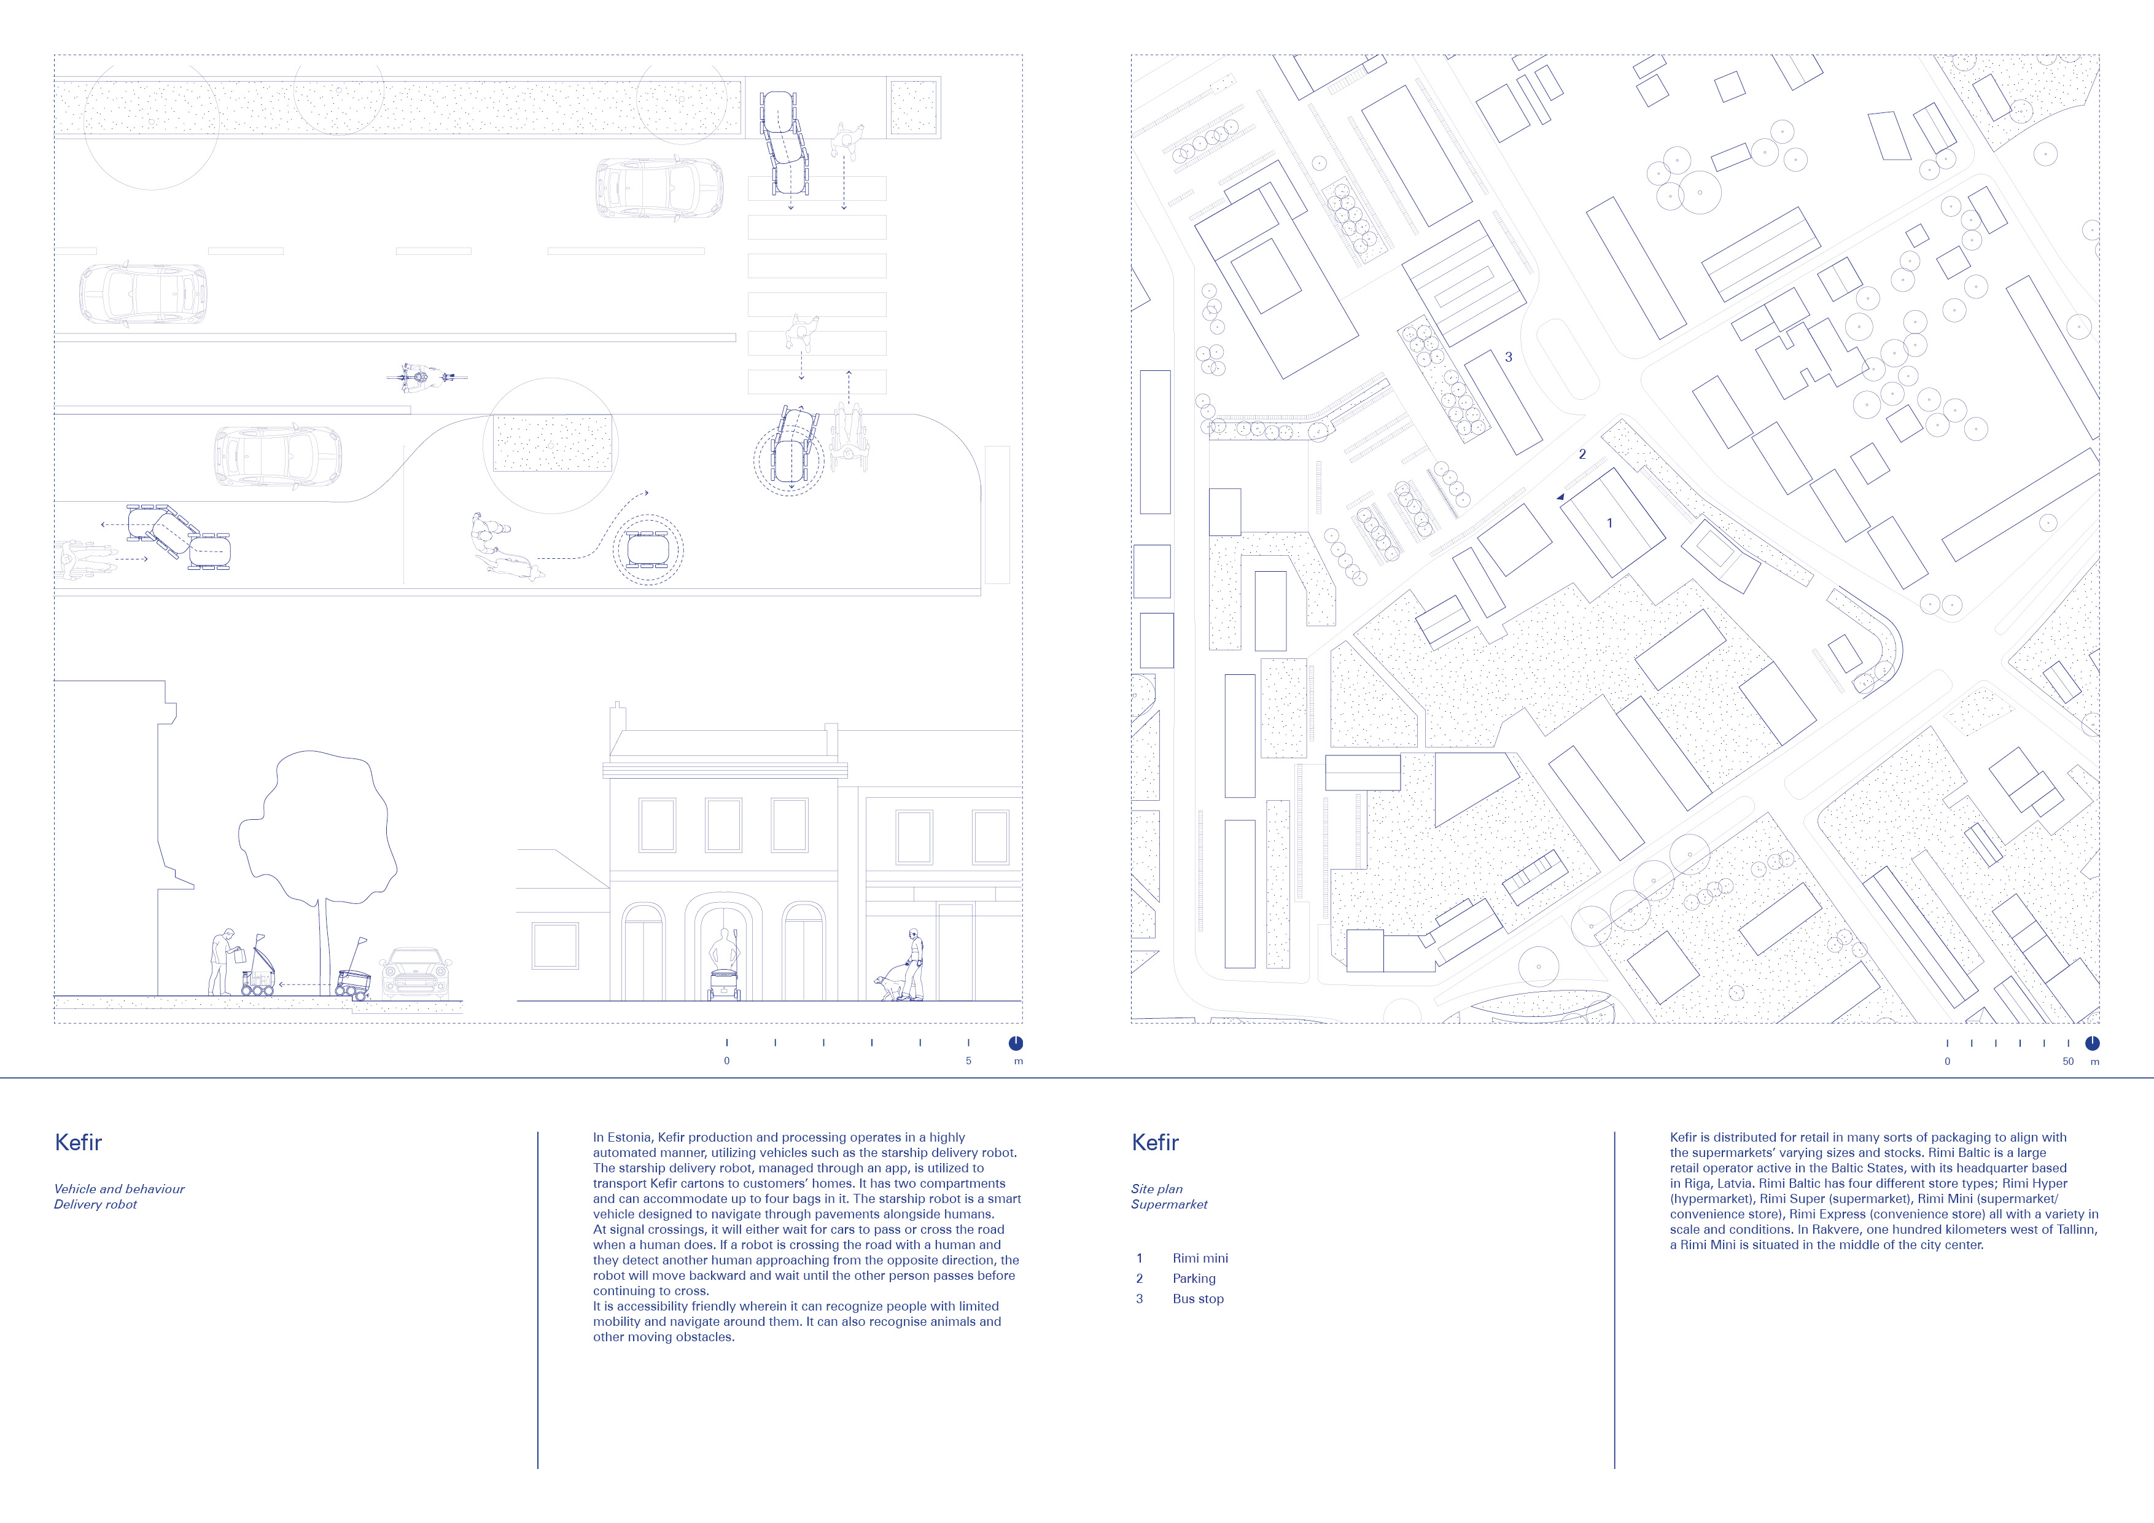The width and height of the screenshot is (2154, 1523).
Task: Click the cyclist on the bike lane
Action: (x=427, y=377)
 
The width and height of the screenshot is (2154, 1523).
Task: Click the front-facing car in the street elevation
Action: (x=416, y=974)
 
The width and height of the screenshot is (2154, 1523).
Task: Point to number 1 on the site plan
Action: (x=1610, y=523)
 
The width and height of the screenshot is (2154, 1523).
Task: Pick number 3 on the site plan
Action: (x=1509, y=357)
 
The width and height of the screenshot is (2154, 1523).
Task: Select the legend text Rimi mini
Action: (x=1200, y=1258)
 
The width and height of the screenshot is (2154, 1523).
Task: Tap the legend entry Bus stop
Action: (x=1198, y=1299)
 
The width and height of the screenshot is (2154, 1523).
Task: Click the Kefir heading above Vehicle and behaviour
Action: (x=79, y=1142)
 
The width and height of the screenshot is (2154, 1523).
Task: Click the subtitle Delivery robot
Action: (x=96, y=1204)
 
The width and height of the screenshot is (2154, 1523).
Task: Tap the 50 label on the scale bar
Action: (x=2067, y=1061)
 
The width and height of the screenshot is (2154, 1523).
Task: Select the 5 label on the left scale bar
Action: (x=968, y=1061)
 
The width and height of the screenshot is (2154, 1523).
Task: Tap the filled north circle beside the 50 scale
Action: (x=2092, y=1043)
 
